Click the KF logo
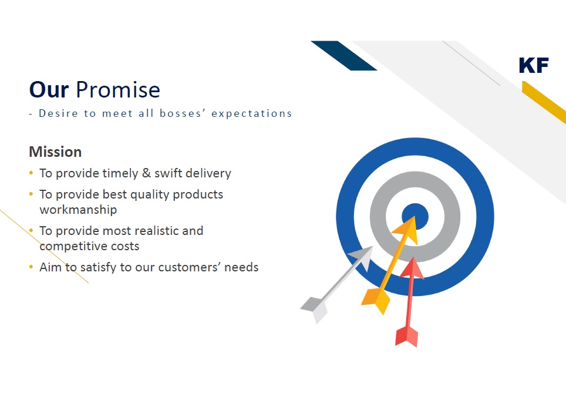[x=534, y=65]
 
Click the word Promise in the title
[x=117, y=89]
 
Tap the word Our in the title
[x=49, y=89]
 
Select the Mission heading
[x=55, y=152]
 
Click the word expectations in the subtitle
[x=252, y=113]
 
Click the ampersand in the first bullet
[x=146, y=173]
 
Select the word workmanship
[x=78, y=209]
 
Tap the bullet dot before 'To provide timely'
[x=31, y=173]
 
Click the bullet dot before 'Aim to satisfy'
[x=31, y=267]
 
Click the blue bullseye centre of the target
[x=415, y=217]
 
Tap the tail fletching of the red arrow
[x=406, y=336]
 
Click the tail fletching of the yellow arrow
[x=376, y=300]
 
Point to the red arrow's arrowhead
[x=413, y=268]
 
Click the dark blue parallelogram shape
[x=344, y=56]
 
